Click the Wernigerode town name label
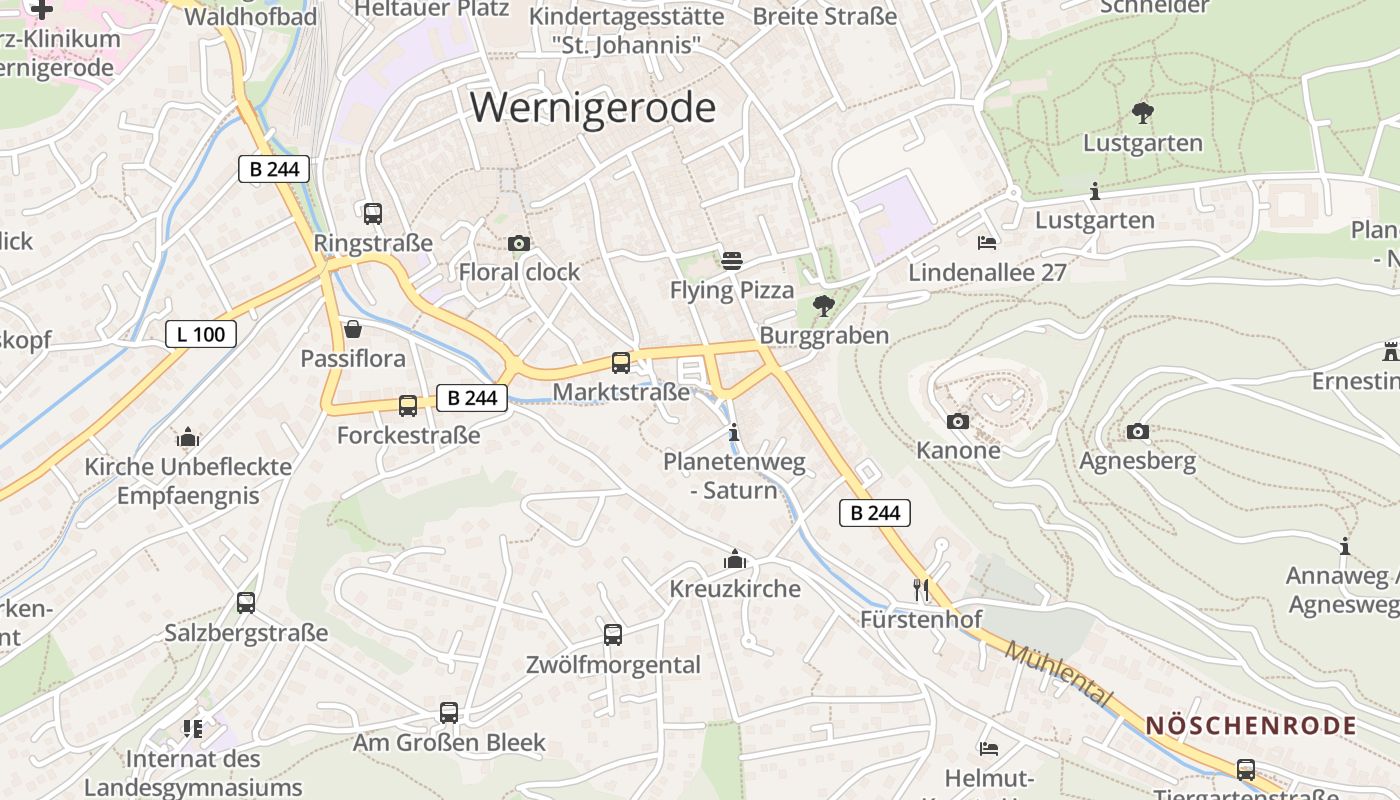593,107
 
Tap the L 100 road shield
200,334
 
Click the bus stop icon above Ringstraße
372,213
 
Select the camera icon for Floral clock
518,243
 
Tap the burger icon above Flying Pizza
732,261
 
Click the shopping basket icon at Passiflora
353,329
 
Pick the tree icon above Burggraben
824,306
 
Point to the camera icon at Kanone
958,421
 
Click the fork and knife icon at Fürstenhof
921,590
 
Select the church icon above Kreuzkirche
735,559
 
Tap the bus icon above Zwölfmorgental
613,635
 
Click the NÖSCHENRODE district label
1251,726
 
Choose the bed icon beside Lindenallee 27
987,243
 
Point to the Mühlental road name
1059,675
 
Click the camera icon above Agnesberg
1138,432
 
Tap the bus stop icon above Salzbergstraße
246,603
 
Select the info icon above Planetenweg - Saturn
735,433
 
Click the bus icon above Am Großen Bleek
449,713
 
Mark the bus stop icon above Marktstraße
621,363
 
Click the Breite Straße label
826,16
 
